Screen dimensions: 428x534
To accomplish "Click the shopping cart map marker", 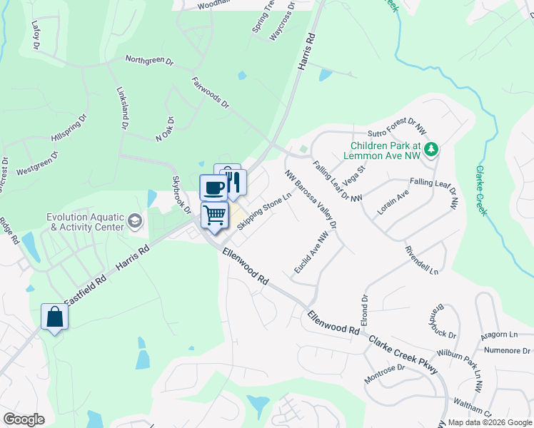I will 215,214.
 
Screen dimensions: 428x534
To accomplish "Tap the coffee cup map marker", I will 213,188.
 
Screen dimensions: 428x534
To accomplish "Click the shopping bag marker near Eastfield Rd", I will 55,317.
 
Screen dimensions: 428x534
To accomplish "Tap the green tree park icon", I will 430,148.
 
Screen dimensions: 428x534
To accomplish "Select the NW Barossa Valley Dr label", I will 310,199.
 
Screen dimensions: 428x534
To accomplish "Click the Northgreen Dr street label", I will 149,61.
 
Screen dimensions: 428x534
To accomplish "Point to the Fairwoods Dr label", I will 210,93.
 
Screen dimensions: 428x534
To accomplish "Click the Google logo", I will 24,419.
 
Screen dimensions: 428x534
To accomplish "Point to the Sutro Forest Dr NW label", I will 397,127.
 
